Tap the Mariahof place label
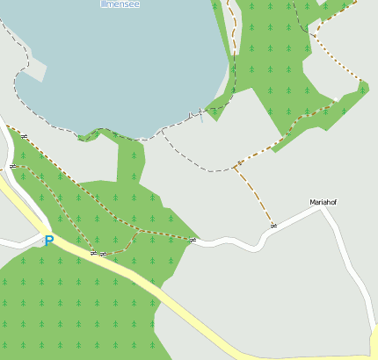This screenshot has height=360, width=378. click(x=323, y=202)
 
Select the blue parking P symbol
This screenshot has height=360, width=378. click(x=49, y=240)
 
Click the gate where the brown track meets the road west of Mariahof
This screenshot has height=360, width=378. click(x=274, y=226)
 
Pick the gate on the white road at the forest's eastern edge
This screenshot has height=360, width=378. click(x=193, y=240)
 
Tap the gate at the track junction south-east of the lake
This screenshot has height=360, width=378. click(x=239, y=163)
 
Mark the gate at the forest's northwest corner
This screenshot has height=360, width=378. click(x=25, y=136)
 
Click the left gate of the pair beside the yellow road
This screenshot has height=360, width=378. click(x=93, y=253)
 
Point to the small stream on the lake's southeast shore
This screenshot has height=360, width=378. click(x=200, y=112)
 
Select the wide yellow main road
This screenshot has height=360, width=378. click(x=176, y=306)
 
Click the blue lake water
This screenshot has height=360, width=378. click(x=114, y=61)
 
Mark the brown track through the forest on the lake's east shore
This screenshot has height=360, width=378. click(x=232, y=44)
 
